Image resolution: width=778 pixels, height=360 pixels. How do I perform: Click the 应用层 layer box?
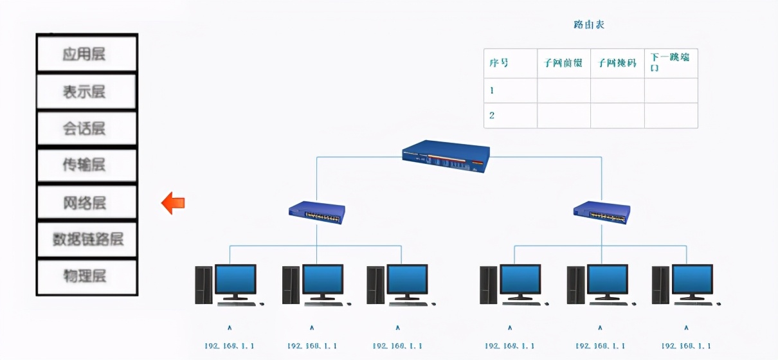(86, 53)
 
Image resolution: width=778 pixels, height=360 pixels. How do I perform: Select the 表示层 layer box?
(86, 91)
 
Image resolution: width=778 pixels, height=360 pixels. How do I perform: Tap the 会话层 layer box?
(86, 129)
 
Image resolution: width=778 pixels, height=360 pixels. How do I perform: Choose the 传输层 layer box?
(86, 165)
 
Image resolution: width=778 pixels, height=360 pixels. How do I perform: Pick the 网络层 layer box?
(86, 203)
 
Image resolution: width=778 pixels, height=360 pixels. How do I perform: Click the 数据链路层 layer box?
(86, 239)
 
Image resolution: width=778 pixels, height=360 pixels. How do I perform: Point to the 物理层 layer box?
(86, 276)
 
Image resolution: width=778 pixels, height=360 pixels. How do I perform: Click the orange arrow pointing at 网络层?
(173, 203)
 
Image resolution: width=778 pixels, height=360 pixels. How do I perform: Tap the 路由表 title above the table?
(589, 24)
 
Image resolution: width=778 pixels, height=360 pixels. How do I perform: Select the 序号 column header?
(499, 63)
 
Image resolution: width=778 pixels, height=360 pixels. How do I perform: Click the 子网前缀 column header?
(563, 63)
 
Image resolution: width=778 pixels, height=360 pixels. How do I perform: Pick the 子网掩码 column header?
(617, 63)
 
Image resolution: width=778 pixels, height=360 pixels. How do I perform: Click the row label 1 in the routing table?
(493, 91)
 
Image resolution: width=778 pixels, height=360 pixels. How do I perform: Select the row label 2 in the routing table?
(493, 116)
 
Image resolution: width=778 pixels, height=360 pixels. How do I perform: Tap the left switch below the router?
(316, 213)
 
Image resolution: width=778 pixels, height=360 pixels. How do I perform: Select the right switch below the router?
(602, 213)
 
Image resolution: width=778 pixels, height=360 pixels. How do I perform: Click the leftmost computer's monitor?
(235, 281)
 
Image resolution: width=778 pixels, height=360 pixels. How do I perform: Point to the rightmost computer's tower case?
(660, 285)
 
